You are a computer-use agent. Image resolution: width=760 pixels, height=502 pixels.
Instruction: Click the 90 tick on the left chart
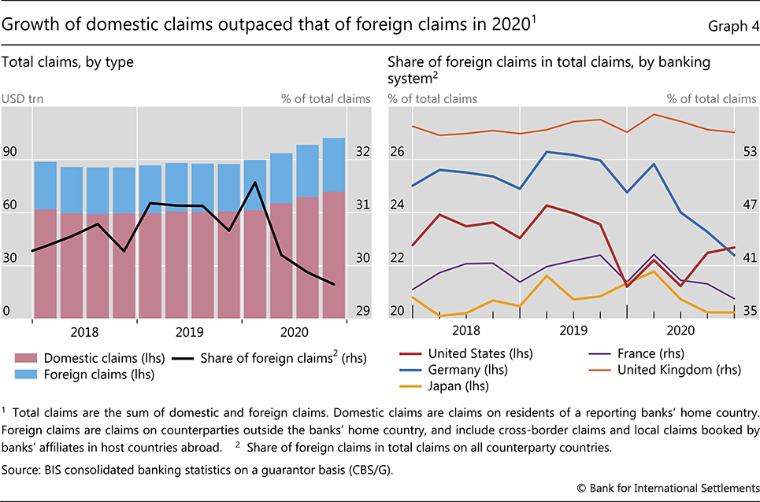[x=10, y=152]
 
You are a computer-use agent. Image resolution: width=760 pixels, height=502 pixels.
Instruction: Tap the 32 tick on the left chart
[x=363, y=152]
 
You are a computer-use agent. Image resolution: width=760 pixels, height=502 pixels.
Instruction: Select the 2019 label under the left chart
[x=190, y=331]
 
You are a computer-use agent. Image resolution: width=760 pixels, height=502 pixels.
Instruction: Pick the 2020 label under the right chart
[x=680, y=331]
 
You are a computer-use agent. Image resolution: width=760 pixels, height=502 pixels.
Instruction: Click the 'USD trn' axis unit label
[x=21, y=99]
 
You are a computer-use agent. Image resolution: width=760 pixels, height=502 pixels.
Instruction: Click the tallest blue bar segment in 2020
[x=334, y=164]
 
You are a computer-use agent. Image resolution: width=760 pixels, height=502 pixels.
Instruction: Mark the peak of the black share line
[x=254, y=183]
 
